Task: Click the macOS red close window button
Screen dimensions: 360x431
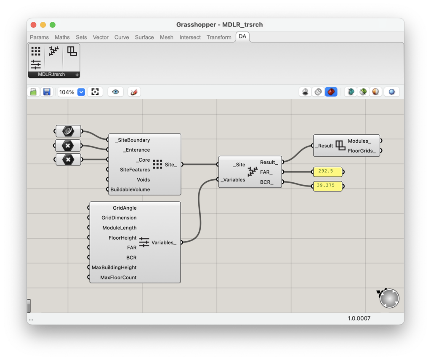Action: [x=34, y=25]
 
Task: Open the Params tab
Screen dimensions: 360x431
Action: [x=39, y=37]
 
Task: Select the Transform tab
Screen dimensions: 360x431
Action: [x=219, y=37]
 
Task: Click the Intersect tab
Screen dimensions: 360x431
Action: [x=190, y=37]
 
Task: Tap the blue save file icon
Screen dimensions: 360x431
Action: [x=47, y=92]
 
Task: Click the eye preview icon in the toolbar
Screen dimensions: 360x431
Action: [x=116, y=92]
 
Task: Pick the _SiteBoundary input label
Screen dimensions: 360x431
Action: [x=132, y=140]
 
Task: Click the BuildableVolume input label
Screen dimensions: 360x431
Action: [x=130, y=189]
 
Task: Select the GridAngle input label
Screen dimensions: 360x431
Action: [x=125, y=208]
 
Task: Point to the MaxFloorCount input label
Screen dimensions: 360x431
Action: [x=118, y=277]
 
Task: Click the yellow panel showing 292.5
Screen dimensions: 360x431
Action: [x=327, y=172]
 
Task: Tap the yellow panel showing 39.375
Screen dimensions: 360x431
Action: [x=327, y=186]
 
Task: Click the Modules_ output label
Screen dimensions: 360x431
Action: [x=359, y=141]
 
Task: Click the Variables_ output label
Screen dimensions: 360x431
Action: [x=164, y=243]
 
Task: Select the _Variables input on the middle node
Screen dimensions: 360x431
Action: [x=234, y=180]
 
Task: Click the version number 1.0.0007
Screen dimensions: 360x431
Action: [x=359, y=318]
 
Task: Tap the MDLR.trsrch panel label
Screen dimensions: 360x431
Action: [x=51, y=75]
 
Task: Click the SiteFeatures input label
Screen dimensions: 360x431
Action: [x=135, y=170]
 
